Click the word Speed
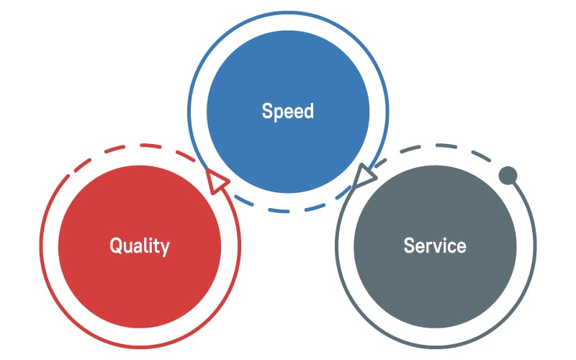tap(287, 112)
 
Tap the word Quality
tap(140, 246)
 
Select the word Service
tap(435, 246)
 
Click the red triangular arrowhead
tap(217, 181)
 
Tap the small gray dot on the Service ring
tap(508, 175)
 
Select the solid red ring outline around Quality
tap(140, 346)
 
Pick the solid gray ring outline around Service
tap(436, 346)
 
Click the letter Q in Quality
tap(116, 246)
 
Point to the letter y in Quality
tap(166, 248)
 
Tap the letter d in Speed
tap(309, 111)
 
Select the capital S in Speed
tap(266, 111)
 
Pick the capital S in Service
tap(409, 246)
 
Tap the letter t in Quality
tap(157, 246)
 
